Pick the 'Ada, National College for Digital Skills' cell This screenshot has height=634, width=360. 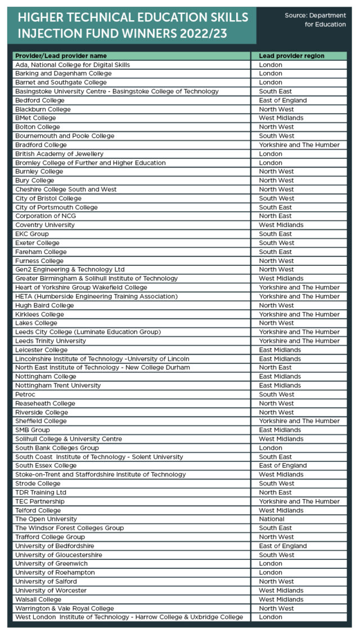73,65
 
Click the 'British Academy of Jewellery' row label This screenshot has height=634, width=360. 60,153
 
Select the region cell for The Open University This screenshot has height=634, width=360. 272,519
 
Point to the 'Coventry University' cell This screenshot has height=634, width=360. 45,225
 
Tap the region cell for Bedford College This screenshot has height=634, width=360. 283,100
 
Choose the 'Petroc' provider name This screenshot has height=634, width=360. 25,394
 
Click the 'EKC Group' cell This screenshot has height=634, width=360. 32,234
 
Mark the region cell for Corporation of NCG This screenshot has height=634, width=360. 276,216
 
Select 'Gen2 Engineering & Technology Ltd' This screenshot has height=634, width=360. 70,269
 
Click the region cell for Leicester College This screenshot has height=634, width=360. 280,350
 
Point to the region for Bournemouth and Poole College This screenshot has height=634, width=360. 276,135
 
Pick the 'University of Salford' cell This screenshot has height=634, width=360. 44,581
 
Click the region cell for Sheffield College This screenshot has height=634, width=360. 299,421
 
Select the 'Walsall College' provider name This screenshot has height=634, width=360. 39,599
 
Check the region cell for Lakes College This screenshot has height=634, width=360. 276,323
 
